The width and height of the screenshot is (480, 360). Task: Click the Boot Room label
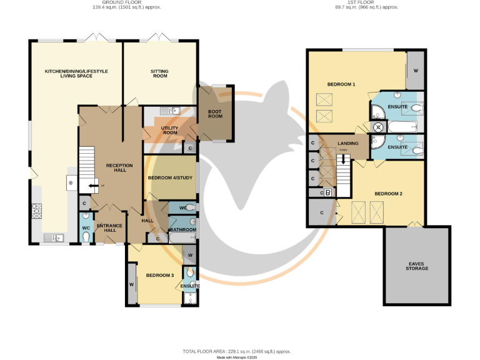click(215, 114)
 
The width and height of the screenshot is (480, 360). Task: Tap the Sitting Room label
click(159, 74)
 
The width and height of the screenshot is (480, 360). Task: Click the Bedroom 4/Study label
click(170, 178)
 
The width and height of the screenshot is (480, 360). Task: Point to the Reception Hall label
click(119, 167)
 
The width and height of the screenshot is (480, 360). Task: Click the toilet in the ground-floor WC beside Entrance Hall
click(86, 236)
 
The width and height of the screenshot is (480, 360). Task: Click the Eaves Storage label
click(416, 266)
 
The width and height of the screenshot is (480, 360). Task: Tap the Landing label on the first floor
click(347, 144)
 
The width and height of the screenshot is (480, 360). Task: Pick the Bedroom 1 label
click(341, 84)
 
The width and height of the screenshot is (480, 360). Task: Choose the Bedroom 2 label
click(388, 194)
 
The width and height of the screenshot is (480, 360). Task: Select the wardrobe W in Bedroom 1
click(416, 69)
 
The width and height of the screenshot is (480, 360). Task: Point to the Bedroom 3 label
click(159, 275)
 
